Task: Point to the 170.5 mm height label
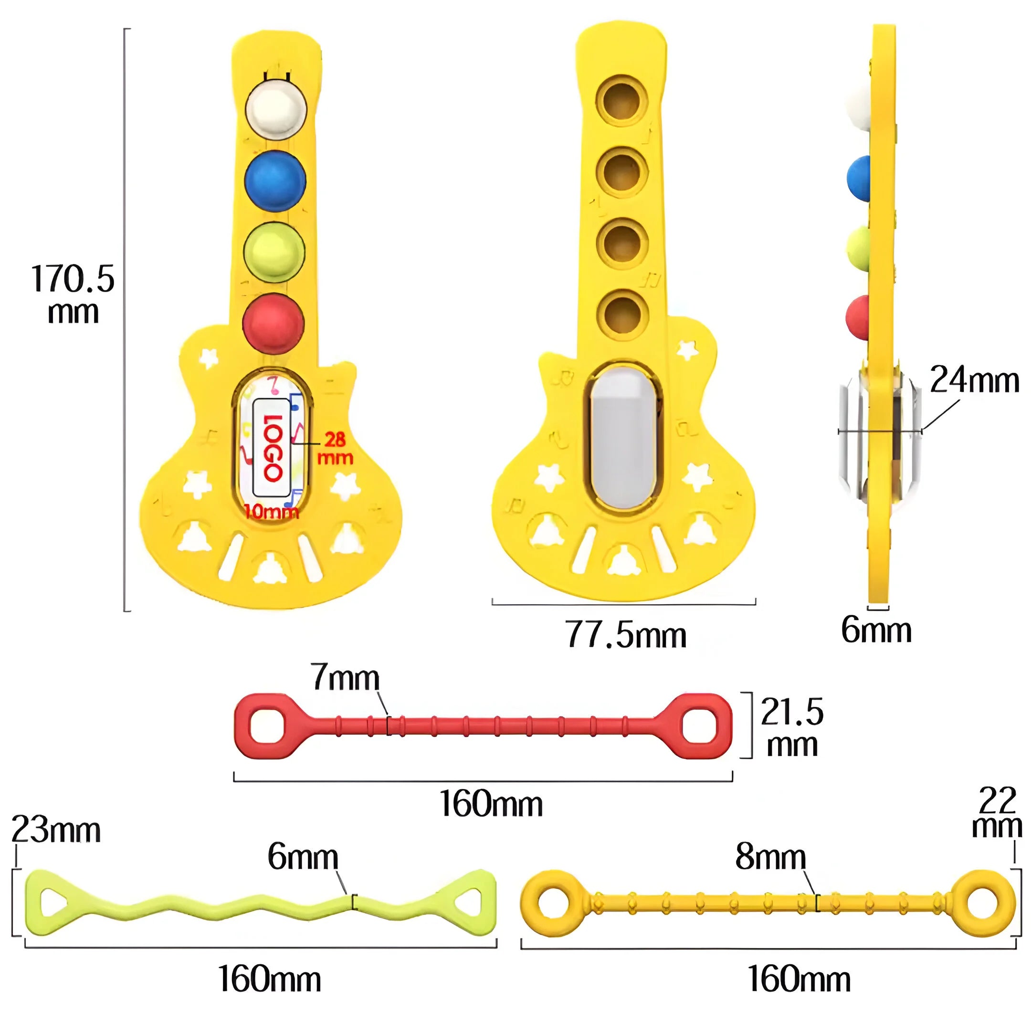(73, 294)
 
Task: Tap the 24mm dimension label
(974, 380)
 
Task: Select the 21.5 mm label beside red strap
(792, 727)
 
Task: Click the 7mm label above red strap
(345, 677)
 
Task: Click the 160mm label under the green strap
(270, 979)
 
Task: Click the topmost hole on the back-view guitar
(622, 100)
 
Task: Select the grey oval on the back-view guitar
(623, 438)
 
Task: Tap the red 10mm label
(272, 512)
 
